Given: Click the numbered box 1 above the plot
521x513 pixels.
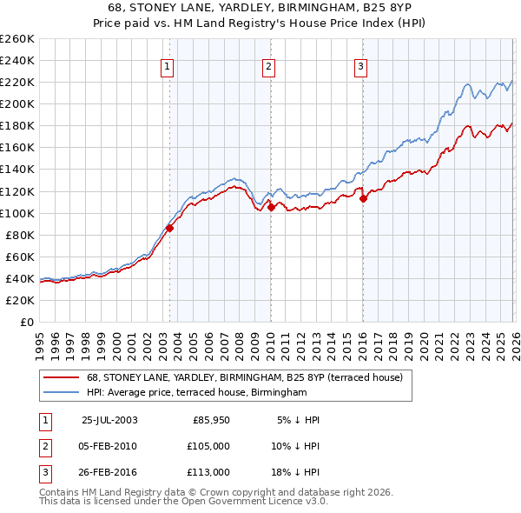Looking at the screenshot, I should (x=167, y=65).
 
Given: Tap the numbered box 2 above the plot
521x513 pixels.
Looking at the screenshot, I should (x=269, y=65).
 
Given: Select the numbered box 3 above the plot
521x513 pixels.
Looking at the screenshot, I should (x=360, y=65).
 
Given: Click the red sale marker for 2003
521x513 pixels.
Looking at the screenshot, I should (x=170, y=229).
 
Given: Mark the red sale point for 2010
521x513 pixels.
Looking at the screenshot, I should (x=271, y=208).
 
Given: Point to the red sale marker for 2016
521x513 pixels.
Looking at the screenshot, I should (x=363, y=199).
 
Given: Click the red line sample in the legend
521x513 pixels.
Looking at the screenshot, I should (x=62, y=378).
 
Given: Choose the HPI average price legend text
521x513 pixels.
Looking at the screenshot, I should (x=197, y=393).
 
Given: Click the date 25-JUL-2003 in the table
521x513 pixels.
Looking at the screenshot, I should (x=109, y=420).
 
